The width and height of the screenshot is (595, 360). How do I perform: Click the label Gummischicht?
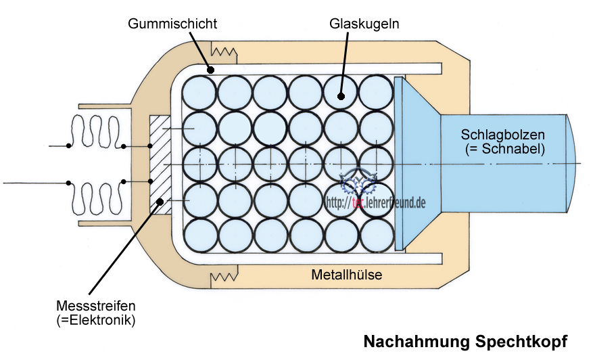click(x=172, y=24)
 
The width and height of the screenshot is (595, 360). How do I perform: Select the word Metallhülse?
click(x=347, y=275)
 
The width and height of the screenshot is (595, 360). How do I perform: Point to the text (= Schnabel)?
click(x=504, y=148)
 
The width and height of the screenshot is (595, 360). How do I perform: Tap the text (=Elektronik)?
click(x=96, y=319)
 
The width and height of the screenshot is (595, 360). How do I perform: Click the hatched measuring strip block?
click(x=160, y=164)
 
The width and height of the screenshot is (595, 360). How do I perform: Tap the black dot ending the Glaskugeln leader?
click(x=341, y=96)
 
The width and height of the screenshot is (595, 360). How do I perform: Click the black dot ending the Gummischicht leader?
click(x=211, y=69)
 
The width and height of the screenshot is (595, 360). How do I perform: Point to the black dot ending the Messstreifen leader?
click(x=160, y=201)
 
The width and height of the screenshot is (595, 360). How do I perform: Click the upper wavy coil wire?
click(x=96, y=132)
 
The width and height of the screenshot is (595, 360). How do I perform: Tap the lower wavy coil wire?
click(x=96, y=198)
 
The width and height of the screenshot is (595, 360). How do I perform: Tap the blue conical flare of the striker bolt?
click(x=416, y=162)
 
